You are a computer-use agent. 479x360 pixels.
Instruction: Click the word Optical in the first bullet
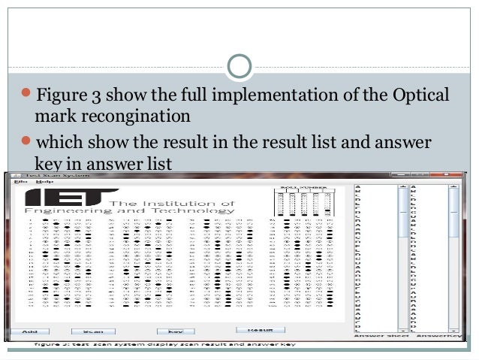(x=420, y=96)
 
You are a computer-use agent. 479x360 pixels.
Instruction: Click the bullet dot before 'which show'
(x=26, y=141)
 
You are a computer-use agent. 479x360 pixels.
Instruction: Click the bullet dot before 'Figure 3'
(x=26, y=96)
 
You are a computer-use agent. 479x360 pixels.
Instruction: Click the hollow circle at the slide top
(x=239, y=66)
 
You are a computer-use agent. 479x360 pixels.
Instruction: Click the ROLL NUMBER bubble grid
(x=304, y=204)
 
